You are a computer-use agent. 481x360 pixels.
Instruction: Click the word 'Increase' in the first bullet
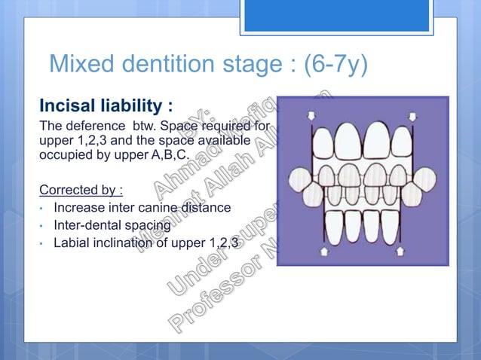click(80, 207)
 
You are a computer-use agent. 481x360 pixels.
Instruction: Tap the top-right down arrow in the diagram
click(412, 115)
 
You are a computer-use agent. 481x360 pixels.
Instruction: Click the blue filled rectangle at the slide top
click(337, 15)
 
